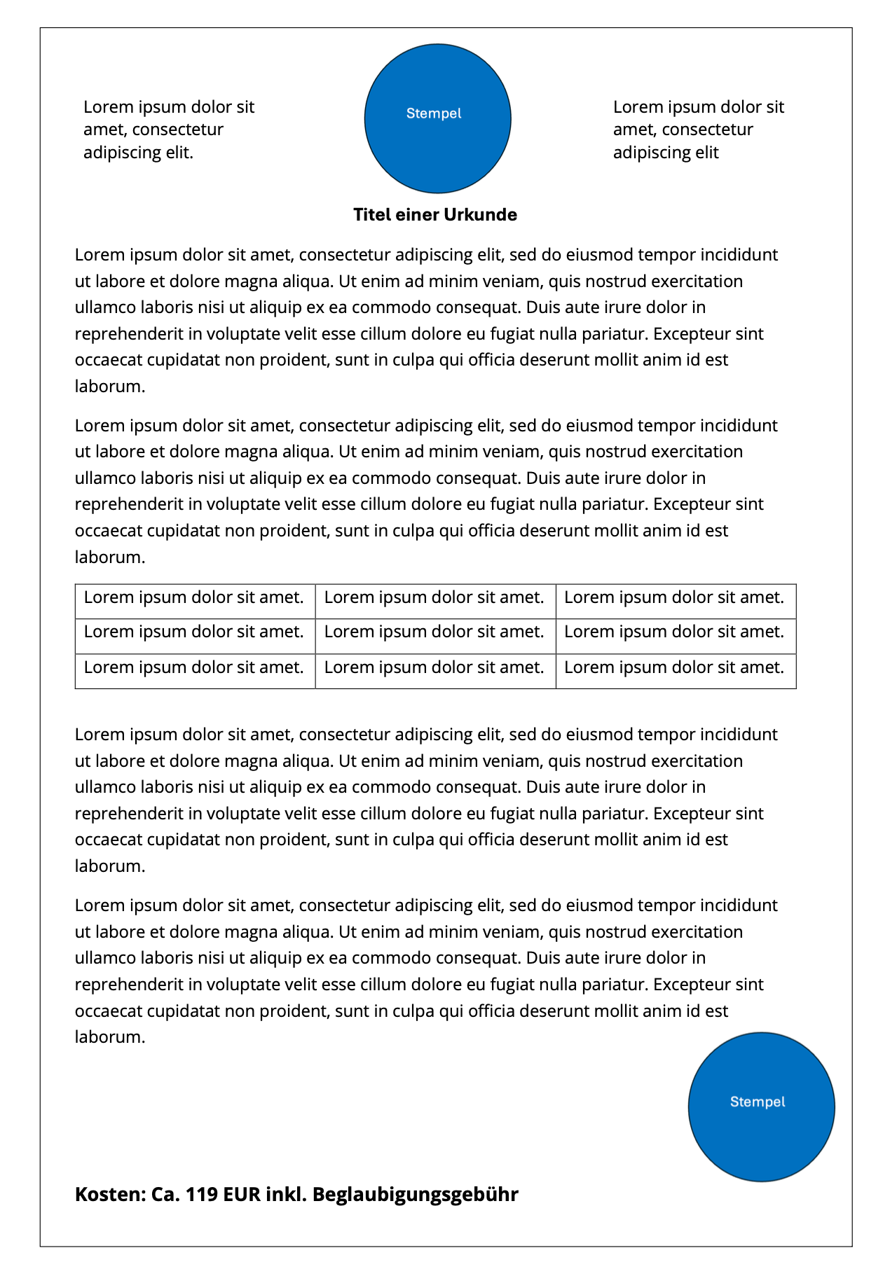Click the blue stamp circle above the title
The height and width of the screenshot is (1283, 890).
[437, 118]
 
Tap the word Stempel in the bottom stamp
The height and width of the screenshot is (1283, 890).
[758, 1102]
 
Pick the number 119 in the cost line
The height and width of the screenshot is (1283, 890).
[202, 1195]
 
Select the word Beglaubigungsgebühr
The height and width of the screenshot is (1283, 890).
[415, 1195]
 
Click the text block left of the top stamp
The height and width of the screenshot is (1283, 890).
[168, 130]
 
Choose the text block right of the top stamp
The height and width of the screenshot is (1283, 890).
[698, 130]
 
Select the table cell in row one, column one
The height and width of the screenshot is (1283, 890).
[194, 598]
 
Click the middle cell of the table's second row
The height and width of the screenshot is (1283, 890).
[434, 632]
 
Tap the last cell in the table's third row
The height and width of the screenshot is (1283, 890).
[675, 667]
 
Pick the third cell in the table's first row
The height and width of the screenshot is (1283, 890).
[675, 598]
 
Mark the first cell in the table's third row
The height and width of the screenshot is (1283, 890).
[194, 667]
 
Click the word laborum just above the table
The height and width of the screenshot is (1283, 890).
[109, 557]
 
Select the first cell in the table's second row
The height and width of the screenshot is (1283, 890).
[194, 632]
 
